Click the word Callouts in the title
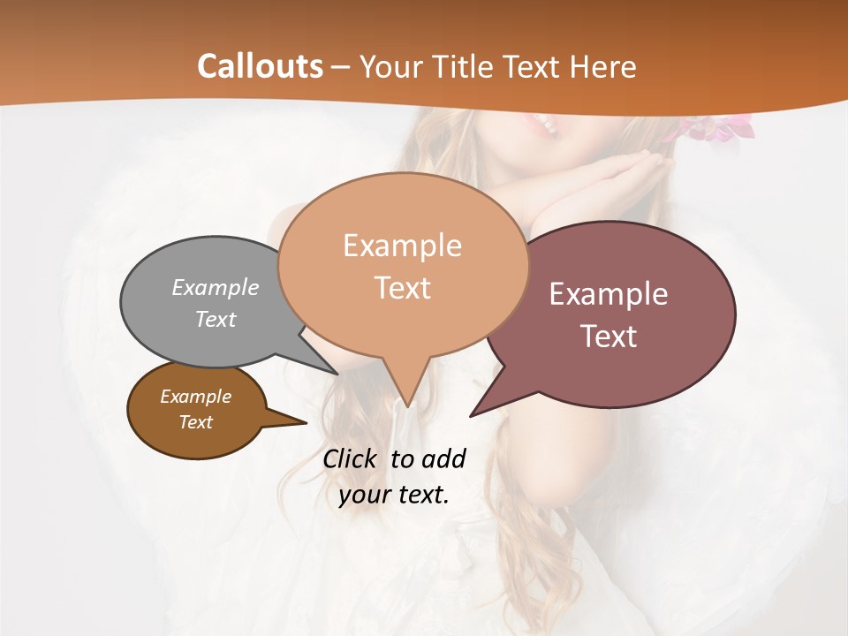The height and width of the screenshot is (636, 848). pyautogui.click(x=260, y=66)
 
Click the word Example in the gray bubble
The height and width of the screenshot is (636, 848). pyautogui.click(x=216, y=287)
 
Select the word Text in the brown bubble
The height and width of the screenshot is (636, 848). pyautogui.click(x=196, y=422)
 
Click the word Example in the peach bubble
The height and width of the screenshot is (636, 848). pyautogui.click(x=403, y=246)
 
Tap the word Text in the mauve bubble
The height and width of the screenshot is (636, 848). pyautogui.click(x=609, y=337)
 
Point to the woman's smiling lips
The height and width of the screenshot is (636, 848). pyautogui.click(x=543, y=124)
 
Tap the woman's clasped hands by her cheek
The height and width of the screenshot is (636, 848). pyautogui.click(x=609, y=181)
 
